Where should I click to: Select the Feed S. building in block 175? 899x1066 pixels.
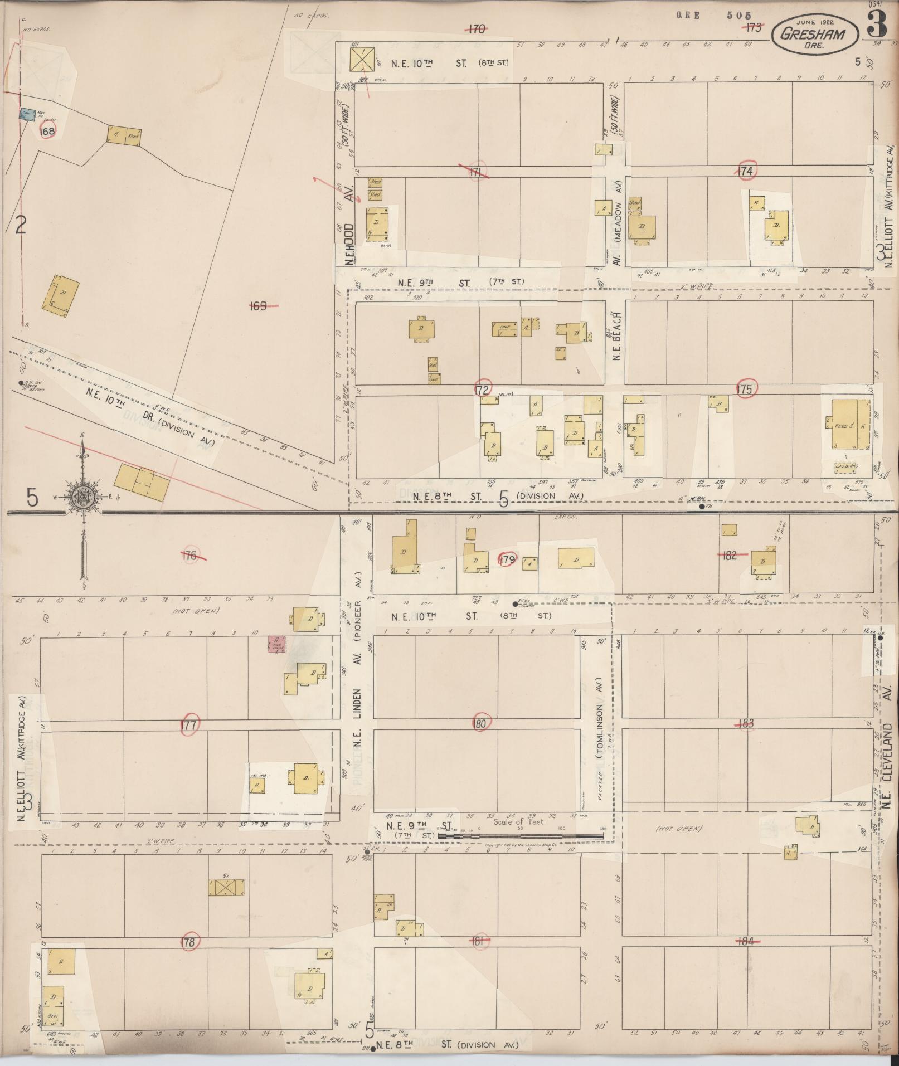pos(849,426)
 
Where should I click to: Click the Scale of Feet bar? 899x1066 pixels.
pos(521,835)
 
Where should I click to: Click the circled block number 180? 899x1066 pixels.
pos(480,724)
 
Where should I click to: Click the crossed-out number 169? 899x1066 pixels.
pos(259,305)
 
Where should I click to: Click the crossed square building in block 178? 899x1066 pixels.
pos(226,888)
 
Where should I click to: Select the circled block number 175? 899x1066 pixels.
pos(745,389)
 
